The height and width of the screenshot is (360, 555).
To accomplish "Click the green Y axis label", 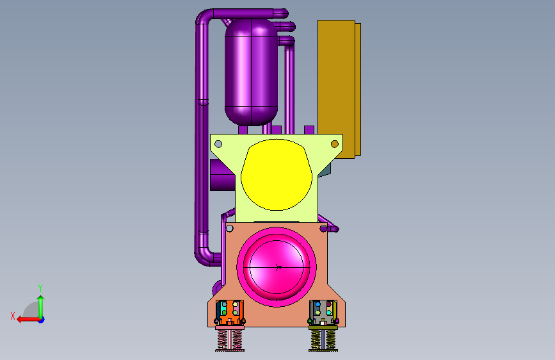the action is pyautogui.click(x=40, y=288).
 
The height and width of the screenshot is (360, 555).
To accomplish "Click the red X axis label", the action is pyautogui.click(x=13, y=316).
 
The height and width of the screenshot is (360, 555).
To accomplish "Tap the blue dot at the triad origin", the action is pyautogui.click(x=42, y=320).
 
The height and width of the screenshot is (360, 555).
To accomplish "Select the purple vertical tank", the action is pyautogui.click(x=251, y=72).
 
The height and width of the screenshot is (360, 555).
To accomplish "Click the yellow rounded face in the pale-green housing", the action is pyautogui.click(x=277, y=175).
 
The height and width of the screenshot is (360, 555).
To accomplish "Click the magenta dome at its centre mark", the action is pyautogui.click(x=278, y=267).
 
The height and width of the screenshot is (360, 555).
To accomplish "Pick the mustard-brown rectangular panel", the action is pyautogui.click(x=339, y=89).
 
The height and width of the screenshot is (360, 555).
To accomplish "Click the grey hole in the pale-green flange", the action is pyautogui.click(x=218, y=144).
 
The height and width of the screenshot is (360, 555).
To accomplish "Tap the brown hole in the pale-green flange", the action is pyautogui.click(x=335, y=144).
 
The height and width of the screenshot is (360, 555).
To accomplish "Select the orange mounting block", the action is pyautogui.click(x=230, y=313).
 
